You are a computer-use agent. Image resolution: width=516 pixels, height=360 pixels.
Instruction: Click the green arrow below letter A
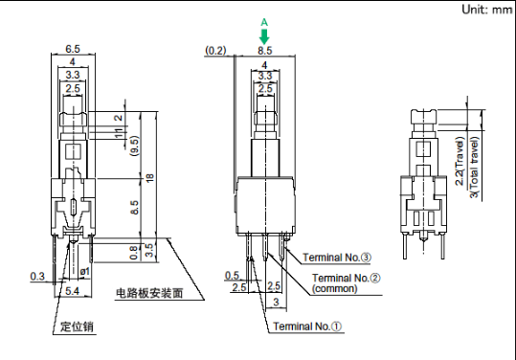[264, 36]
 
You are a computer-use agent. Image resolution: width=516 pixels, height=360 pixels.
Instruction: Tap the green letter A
[264, 22]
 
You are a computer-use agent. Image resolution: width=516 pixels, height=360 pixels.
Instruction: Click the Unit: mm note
[487, 10]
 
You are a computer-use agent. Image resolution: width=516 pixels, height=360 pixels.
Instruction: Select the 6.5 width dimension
[73, 49]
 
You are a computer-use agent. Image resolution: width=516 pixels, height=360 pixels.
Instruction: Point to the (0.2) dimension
[216, 51]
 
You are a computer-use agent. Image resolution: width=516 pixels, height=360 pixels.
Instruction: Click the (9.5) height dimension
[135, 146]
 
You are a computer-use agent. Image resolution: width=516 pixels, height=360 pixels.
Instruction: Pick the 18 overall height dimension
[149, 178]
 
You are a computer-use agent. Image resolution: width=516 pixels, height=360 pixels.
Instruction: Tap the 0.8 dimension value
[134, 253]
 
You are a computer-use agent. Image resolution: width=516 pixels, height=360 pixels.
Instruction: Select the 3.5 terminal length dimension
[149, 251]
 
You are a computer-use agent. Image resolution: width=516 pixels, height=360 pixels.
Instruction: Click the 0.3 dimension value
[37, 276]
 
